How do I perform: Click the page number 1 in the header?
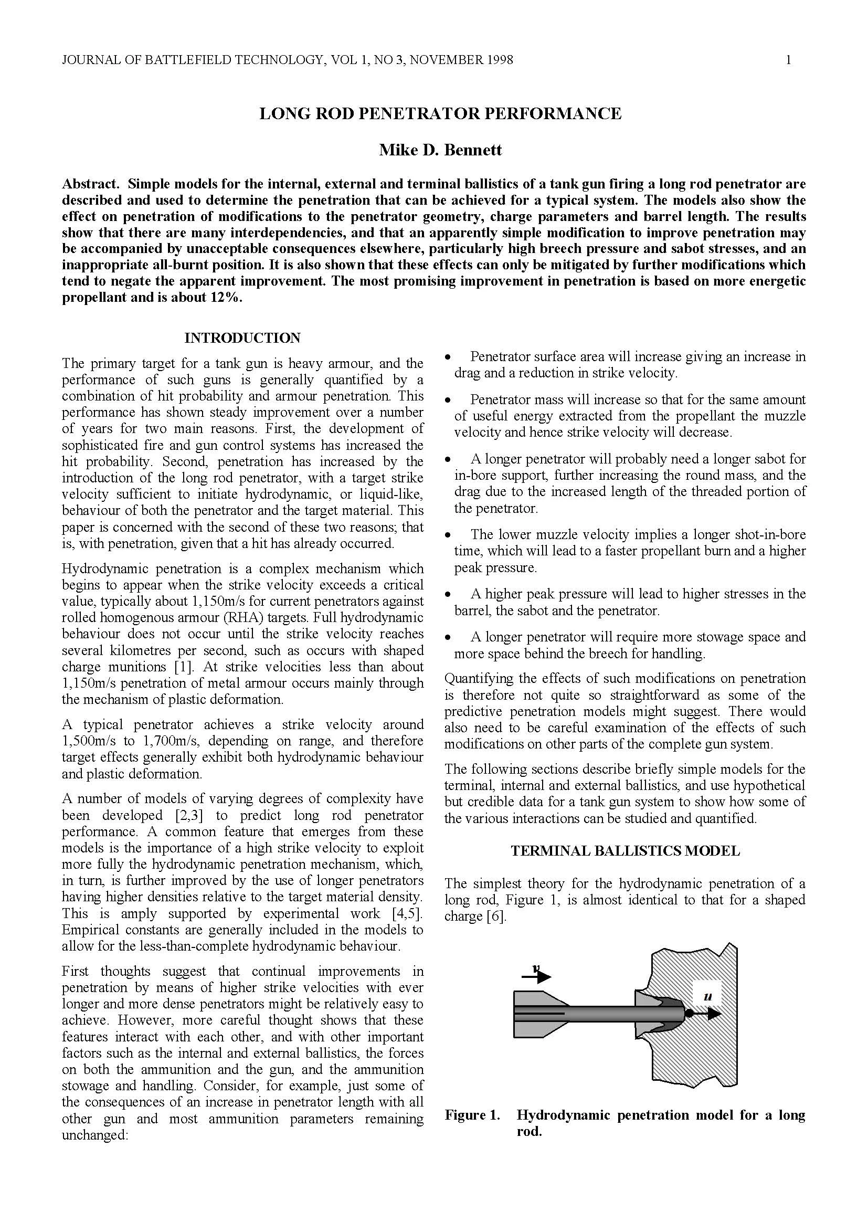pos(788,60)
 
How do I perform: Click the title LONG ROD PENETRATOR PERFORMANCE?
pos(440,114)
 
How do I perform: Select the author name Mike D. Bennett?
pos(440,150)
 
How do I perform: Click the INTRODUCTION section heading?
pos(242,338)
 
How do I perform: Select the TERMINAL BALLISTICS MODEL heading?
pos(625,851)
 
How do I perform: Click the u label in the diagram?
pos(708,996)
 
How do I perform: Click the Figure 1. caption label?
pos(472,1115)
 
